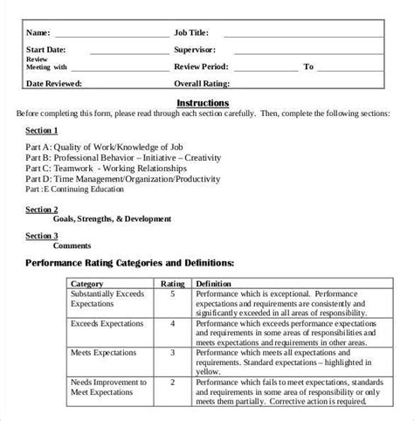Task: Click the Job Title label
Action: [x=196, y=32]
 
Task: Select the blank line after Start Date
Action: [x=127, y=51]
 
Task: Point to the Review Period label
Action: [x=201, y=66]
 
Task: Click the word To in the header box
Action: [x=308, y=66]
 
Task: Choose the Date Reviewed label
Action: [x=54, y=84]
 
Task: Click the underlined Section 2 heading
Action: [x=42, y=210]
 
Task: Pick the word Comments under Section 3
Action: [x=72, y=246]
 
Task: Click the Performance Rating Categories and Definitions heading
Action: [x=129, y=262]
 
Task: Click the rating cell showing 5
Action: [x=171, y=294]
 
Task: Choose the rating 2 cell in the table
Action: [x=171, y=382]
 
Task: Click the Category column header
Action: [x=87, y=284]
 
